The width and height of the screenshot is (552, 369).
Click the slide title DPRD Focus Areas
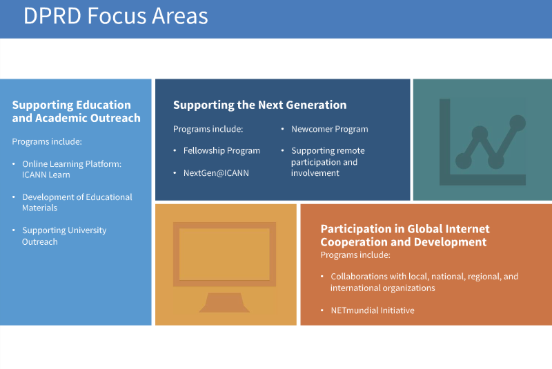115,16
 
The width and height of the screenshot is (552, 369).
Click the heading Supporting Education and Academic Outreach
76,111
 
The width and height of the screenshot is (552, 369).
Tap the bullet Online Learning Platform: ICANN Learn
72,169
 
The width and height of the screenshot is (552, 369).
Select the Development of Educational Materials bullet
77,202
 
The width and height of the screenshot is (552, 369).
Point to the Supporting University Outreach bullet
64,236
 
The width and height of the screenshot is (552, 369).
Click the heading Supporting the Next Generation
260,105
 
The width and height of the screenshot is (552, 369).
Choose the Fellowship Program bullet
221,150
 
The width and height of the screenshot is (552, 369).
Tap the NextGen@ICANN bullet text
216,172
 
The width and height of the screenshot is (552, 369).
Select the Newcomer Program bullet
330,129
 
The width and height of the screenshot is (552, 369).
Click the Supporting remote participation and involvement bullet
328,162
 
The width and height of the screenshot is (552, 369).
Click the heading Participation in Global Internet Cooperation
405,235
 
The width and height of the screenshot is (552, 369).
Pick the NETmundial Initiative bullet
373,310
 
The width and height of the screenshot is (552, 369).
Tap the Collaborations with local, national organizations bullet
424,282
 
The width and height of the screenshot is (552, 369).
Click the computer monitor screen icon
224,255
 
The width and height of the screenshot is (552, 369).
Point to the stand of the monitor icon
224,303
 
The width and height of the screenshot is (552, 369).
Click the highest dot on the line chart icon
517,123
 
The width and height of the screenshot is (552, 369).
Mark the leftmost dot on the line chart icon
464,161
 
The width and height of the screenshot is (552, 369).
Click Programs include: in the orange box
355,255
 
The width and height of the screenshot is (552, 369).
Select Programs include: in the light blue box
47,141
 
